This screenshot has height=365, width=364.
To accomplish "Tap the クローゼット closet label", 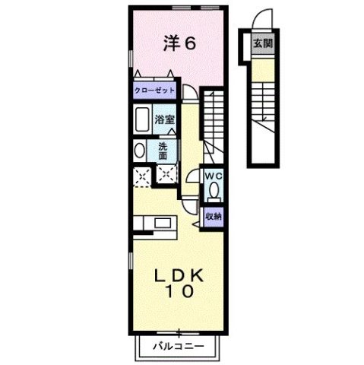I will coord(155,90).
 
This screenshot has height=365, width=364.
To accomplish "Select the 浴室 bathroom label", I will coord(164,119).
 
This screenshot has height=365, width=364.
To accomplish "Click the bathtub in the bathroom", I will coord(141,119).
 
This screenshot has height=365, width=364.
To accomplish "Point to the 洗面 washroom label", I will coord(164,151).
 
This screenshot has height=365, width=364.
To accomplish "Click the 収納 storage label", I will coord(213,216).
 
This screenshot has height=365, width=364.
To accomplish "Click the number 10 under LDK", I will coord(179,291).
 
